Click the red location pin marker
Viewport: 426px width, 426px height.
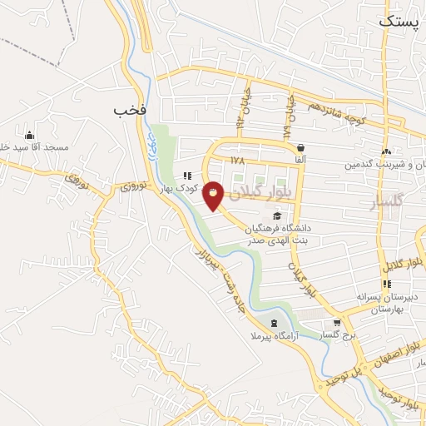coord(214,195)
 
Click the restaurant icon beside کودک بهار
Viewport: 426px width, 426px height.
coord(188,176)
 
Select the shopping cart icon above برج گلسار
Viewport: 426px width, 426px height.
coord(336,323)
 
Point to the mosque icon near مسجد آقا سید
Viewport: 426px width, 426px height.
coord(30,135)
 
